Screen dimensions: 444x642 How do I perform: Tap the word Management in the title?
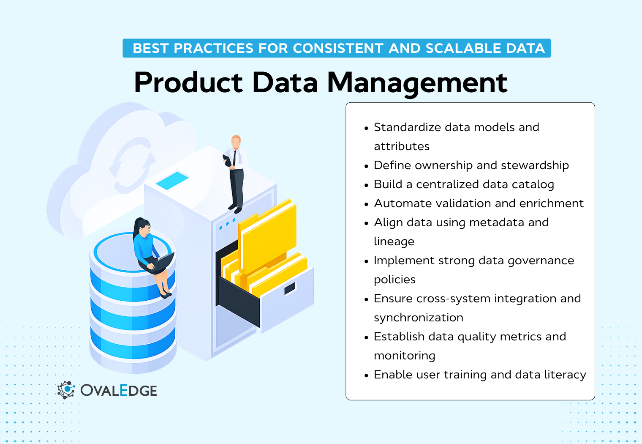[x=417, y=83]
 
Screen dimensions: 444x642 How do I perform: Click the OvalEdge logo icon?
[x=66, y=390]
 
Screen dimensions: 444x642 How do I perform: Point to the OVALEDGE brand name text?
[x=119, y=390]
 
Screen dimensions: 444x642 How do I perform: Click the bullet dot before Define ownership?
[x=366, y=166]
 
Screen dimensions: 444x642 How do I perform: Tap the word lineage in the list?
[x=394, y=241]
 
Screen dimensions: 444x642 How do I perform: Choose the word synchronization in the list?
[x=418, y=318]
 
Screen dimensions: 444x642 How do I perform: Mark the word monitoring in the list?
[x=404, y=356]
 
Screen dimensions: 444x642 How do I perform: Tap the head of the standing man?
[x=236, y=141]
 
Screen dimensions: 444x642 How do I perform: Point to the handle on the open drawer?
[x=290, y=289]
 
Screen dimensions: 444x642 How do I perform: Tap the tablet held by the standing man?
[x=227, y=160]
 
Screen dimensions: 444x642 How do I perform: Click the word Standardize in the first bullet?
[x=407, y=127]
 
